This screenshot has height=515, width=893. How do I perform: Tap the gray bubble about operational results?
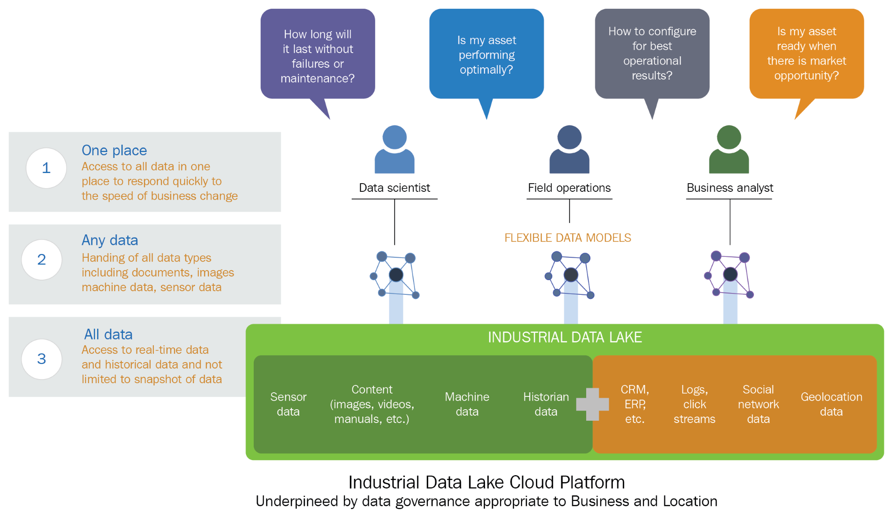652,54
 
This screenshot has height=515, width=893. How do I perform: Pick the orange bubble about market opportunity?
806,54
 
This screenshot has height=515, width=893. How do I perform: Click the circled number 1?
46,168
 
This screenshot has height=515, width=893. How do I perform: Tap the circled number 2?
42,260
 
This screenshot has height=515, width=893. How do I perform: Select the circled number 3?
42,359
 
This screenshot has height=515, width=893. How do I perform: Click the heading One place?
114,150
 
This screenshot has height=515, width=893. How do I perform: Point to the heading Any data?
110,240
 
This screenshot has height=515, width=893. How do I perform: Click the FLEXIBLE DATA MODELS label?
567,238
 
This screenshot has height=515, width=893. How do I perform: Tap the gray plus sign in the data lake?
592,404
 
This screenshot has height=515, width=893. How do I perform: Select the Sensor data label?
288,404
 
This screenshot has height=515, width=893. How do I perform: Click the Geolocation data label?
831,404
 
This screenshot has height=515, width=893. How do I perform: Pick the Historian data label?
546,404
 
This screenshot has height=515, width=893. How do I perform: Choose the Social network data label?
758,404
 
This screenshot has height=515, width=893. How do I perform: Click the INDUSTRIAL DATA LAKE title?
565,337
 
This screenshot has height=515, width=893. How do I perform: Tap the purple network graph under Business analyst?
729,275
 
